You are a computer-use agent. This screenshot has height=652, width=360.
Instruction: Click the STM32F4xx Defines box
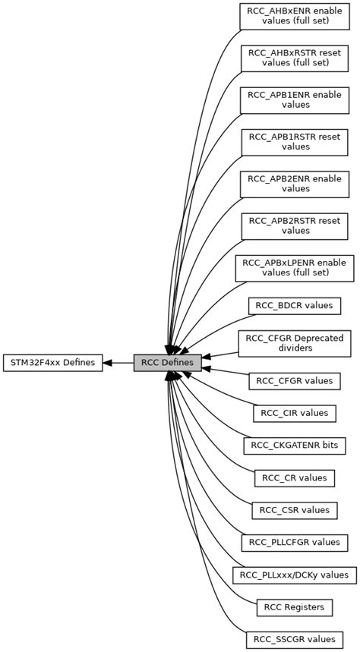point(52,363)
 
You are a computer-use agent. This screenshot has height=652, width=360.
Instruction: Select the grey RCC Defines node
point(168,363)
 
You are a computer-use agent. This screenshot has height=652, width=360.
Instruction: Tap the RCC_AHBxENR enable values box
point(295,16)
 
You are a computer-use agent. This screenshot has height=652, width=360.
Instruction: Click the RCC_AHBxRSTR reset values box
point(295,58)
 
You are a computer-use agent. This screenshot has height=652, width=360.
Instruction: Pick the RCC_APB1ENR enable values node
point(295,99)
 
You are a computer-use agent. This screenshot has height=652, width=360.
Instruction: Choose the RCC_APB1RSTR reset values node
point(295,141)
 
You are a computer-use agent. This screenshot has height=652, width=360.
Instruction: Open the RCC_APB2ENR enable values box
point(295,183)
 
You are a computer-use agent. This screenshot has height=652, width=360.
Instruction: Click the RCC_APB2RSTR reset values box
point(295,225)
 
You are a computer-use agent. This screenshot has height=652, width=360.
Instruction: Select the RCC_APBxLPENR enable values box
point(295,266)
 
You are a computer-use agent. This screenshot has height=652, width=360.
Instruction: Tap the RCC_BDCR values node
point(295,305)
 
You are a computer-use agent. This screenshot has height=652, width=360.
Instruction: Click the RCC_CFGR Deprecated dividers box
point(295,343)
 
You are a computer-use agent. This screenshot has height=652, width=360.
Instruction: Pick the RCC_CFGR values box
point(295,381)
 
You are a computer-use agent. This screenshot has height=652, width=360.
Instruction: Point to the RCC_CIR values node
point(295,413)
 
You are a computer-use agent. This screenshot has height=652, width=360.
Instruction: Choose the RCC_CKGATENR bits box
point(295,445)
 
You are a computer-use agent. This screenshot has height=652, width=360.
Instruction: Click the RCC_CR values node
point(295,477)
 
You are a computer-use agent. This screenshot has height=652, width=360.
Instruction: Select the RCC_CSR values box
point(295,509)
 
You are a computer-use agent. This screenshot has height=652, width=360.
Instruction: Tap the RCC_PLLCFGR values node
point(295,542)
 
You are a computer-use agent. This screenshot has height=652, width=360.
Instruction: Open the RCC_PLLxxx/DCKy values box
point(295,575)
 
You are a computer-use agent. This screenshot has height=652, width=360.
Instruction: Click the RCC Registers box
point(295,606)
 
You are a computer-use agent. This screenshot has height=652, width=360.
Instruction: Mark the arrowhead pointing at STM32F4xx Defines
point(108,363)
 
